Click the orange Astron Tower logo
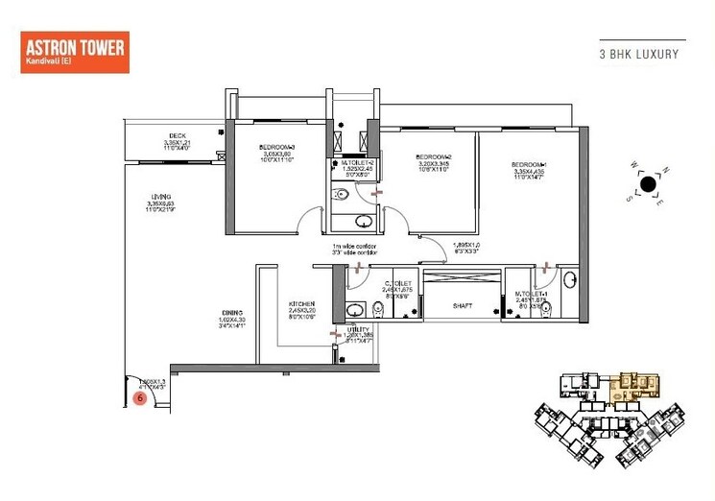tap(75, 53)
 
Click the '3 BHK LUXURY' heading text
tap(638, 55)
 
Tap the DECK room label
tap(177, 135)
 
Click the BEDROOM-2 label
tap(433, 156)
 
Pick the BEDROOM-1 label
tap(529, 164)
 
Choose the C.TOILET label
tap(398, 283)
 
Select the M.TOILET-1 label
tap(531, 293)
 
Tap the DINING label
tap(229, 313)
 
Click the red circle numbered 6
tap(140, 396)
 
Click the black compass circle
tap(648, 183)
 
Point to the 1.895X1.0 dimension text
tap(466, 244)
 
